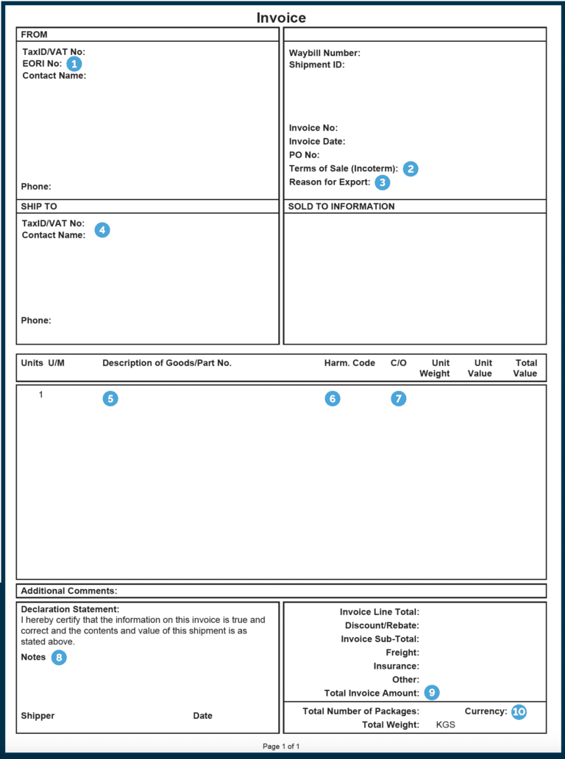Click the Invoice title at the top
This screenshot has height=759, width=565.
coord(281,18)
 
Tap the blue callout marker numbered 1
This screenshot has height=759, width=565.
coord(74,64)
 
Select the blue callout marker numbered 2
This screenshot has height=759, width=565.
coord(411,168)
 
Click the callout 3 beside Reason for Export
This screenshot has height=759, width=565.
coord(383,182)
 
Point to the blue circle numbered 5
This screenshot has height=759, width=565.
coord(110,399)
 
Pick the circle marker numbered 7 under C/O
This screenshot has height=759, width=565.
coord(398,399)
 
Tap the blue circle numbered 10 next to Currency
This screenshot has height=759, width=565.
coord(519,711)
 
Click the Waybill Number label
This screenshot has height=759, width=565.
coord(324,53)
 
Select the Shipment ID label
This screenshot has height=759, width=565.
coord(316,65)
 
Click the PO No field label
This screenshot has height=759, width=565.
coord(304,155)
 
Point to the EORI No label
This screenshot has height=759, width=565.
coord(42,64)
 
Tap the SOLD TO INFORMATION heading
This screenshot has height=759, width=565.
coord(341,206)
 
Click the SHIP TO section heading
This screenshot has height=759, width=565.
coord(39,206)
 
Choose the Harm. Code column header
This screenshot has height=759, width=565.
coord(349,363)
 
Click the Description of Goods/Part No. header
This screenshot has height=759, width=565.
coord(167,363)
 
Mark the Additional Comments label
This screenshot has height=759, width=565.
coord(69,591)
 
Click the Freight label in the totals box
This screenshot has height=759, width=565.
coord(402,652)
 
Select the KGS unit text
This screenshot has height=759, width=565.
coord(446,725)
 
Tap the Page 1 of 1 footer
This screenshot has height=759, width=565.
coord(281,747)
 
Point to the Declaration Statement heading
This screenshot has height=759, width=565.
coord(70,609)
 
